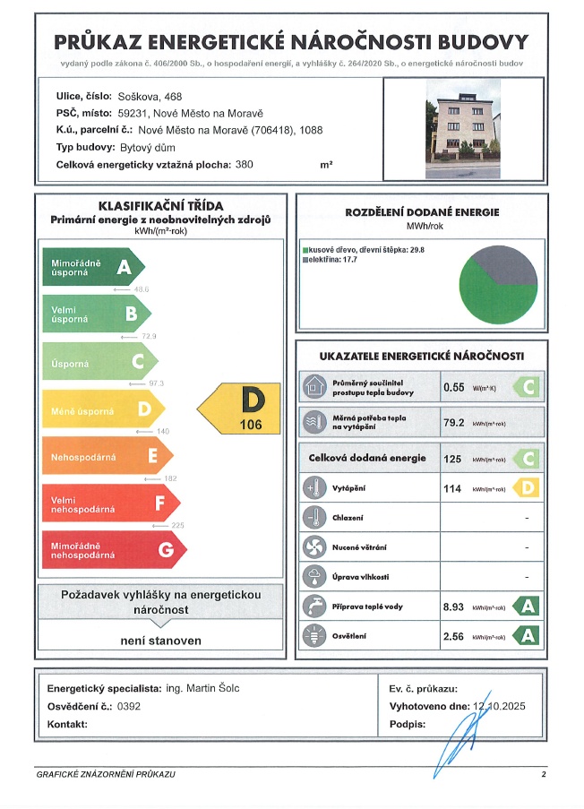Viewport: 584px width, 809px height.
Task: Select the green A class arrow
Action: (x=93, y=266)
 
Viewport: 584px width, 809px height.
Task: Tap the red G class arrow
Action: (x=107, y=550)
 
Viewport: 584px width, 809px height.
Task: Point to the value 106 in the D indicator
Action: (x=252, y=425)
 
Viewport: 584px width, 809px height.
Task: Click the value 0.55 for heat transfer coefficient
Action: (x=453, y=388)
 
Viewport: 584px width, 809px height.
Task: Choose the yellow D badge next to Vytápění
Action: (x=527, y=488)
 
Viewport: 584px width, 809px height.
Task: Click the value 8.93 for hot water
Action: (x=454, y=607)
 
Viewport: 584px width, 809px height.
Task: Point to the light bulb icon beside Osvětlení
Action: (x=313, y=636)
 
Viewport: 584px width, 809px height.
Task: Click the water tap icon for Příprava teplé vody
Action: (x=313, y=607)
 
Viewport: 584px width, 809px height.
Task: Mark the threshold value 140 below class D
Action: (x=163, y=432)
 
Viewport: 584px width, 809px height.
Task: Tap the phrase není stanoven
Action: (x=161, y=641)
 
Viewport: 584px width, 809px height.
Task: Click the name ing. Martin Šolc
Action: (x=203, y=688)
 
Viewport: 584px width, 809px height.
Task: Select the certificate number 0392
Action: (x=129, y=706)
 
